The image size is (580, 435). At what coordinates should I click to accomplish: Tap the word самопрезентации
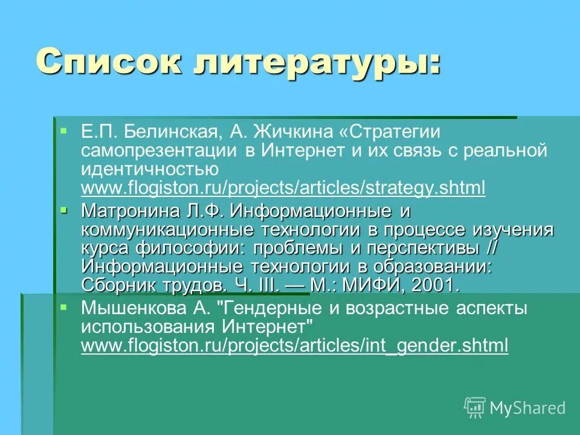(160, 150)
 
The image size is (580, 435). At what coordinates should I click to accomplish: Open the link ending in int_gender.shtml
(294, 346)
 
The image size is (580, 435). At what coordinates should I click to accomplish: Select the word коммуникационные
(167, 230)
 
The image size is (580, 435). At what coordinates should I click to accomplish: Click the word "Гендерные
(275, 309)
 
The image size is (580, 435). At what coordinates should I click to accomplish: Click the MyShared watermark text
(527, 408)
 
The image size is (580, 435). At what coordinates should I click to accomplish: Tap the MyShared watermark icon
(475, 407)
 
